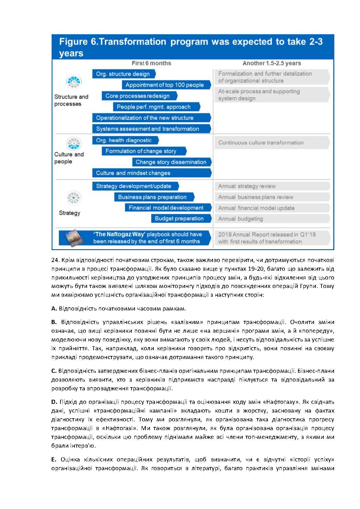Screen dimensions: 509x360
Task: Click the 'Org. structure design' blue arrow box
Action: (123, 74)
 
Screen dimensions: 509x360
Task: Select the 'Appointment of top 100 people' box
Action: (165, 85)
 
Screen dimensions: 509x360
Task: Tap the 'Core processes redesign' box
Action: (138, 96)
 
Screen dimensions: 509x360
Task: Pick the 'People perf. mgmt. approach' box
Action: (155, 107)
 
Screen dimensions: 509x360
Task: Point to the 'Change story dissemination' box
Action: (171, 162)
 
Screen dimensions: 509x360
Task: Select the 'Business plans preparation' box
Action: (153, 197)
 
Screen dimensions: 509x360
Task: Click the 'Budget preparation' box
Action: (180, 219)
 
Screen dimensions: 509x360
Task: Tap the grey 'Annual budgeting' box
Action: (271, 219)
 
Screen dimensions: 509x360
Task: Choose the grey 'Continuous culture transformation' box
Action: (271, 142)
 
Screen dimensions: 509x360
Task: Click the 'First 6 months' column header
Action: (151, 63)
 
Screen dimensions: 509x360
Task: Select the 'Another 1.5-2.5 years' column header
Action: (271, 63)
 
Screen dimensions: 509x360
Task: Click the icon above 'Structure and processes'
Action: (74, 82)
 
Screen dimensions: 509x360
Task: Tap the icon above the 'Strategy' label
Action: (74, 198)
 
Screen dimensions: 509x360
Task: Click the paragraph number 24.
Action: (55, 260)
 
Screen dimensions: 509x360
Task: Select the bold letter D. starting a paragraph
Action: (54, 402)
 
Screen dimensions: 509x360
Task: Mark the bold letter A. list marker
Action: (54, 309)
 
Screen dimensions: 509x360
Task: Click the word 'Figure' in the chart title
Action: (73, 42)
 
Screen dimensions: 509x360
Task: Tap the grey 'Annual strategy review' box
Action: (271, 186)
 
